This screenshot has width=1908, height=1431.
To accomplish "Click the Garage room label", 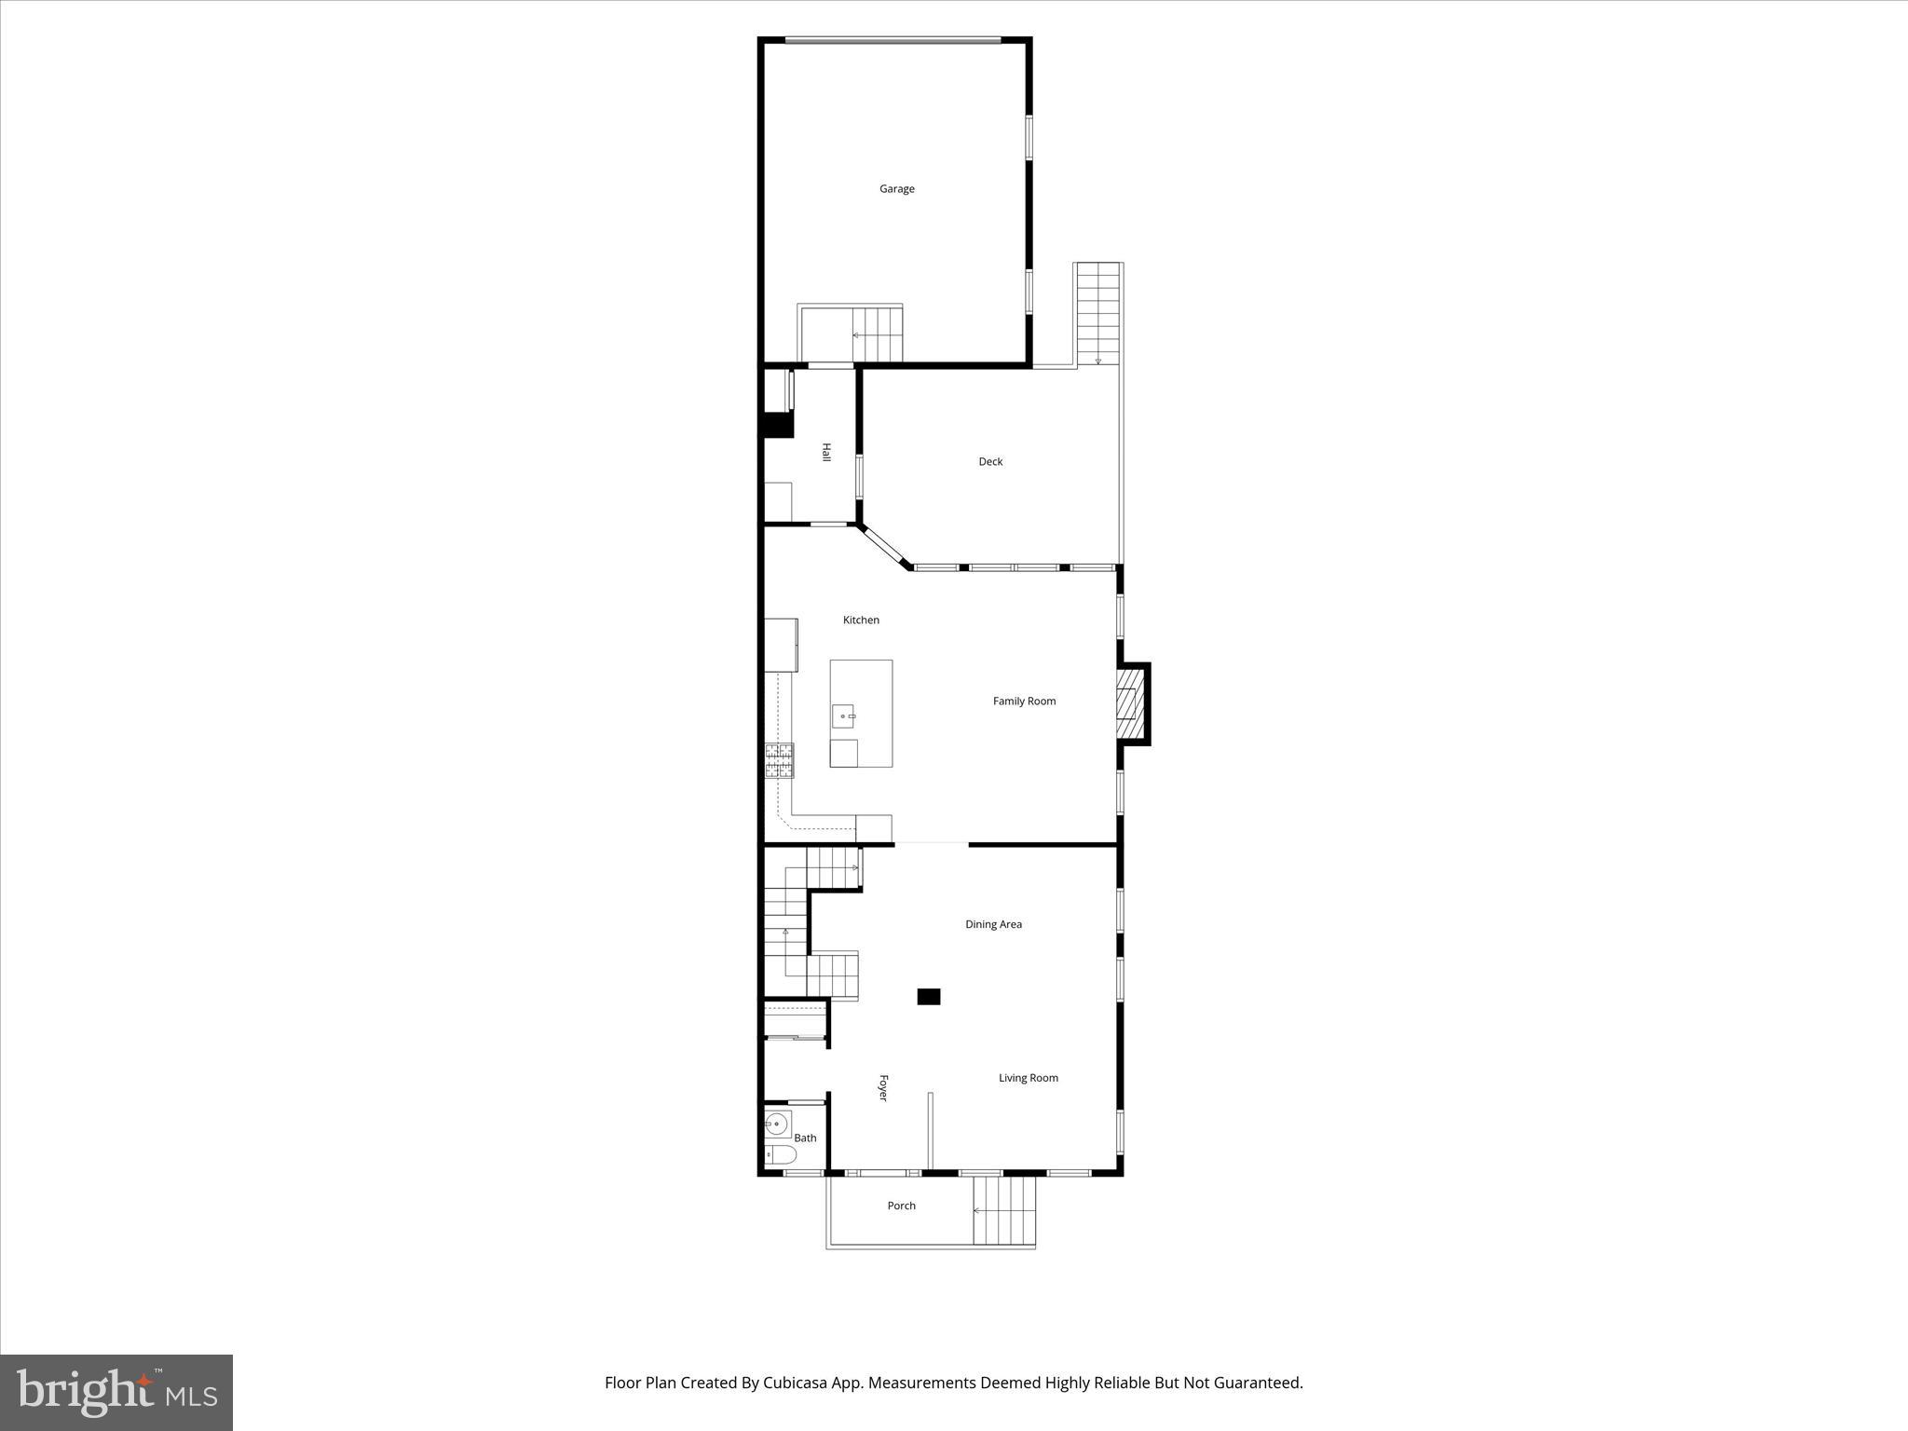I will (x=896, y=189).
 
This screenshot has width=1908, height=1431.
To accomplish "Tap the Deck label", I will (x=990, y=462).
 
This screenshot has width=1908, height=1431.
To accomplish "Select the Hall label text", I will (x=825, y=452).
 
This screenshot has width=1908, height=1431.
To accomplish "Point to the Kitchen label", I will (x=861, y=620).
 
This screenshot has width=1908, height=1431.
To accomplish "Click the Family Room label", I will (x=1024, y=702).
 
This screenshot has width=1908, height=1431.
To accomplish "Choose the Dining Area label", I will (x=993, y=925).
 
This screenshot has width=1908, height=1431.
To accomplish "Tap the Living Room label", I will (x=1028, y=1079).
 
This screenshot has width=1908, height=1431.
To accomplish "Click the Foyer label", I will (x=883, y=1088).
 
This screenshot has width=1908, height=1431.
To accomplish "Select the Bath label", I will (x=805, y=1138).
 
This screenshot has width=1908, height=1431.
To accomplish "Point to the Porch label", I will (x=901, y=1206).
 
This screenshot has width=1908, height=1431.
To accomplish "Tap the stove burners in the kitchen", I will (x=780, y=760).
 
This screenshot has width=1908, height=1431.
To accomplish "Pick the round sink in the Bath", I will (x=776, y=1124).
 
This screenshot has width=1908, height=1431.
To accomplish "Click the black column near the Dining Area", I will (x=929, y=997).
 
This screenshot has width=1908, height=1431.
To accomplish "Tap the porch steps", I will (x=1004, y=1211).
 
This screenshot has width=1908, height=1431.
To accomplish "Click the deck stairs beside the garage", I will (x=1098, y=314).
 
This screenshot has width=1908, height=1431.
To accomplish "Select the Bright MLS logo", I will (x=116, y=1393).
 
